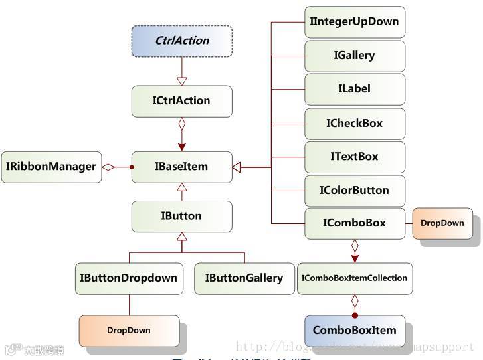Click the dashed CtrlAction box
181,41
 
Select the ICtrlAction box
181,101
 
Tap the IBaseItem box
181,167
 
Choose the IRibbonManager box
51,167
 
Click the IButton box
181,216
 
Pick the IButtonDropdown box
129,278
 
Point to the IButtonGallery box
244,278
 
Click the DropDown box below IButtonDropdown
129,330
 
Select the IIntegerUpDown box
354,22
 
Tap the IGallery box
354,56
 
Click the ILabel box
354,89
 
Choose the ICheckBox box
354,124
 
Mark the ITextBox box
354,157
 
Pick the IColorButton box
354,191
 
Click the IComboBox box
354,223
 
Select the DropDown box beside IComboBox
442,223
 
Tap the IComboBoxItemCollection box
354,278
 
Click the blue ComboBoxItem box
354,330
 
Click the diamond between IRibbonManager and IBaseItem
109,167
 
